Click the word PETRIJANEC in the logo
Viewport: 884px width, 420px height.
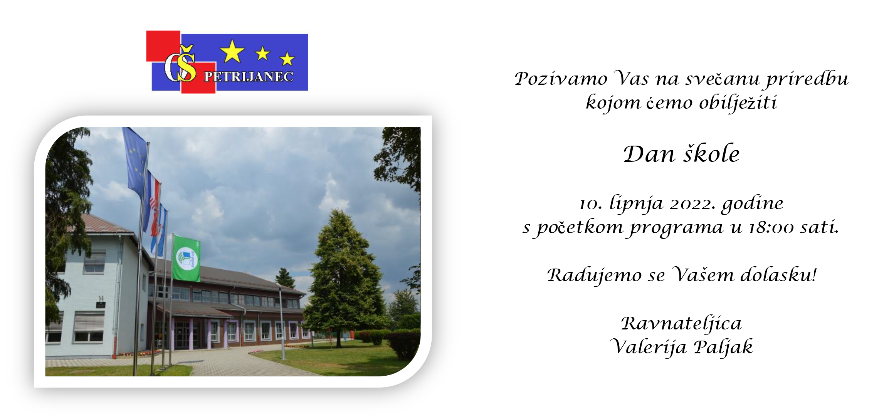(x=249, y=77)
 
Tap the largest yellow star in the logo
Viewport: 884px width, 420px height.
(x=232, y=51)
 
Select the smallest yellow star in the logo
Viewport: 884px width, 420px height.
(x=287, y=59)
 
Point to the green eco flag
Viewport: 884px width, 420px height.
(x=186, y=259)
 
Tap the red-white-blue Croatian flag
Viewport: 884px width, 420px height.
(x=153, y=204)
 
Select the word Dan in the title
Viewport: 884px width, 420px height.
(x=649, y=154)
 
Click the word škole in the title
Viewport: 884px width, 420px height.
(x=711, y=154)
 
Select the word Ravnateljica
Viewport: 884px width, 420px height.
(x=681, y=324)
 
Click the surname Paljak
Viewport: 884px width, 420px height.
(x=723, y=347)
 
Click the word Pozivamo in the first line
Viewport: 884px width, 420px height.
(x=561, y=79)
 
